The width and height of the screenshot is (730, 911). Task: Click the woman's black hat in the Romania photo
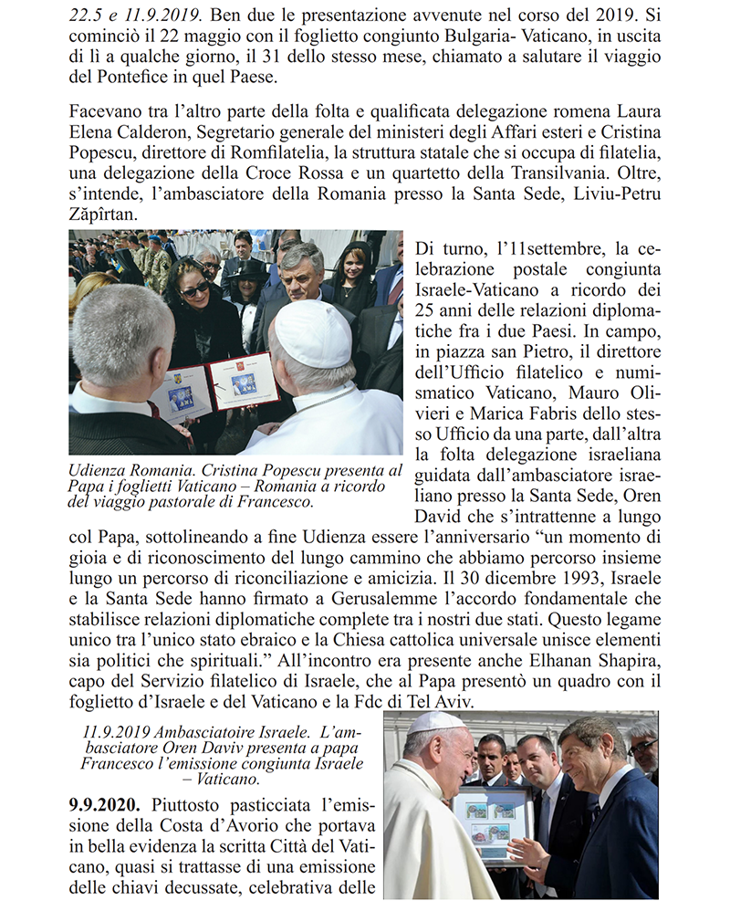(248, 271)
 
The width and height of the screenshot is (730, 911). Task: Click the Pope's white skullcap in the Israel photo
(435, 721)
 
